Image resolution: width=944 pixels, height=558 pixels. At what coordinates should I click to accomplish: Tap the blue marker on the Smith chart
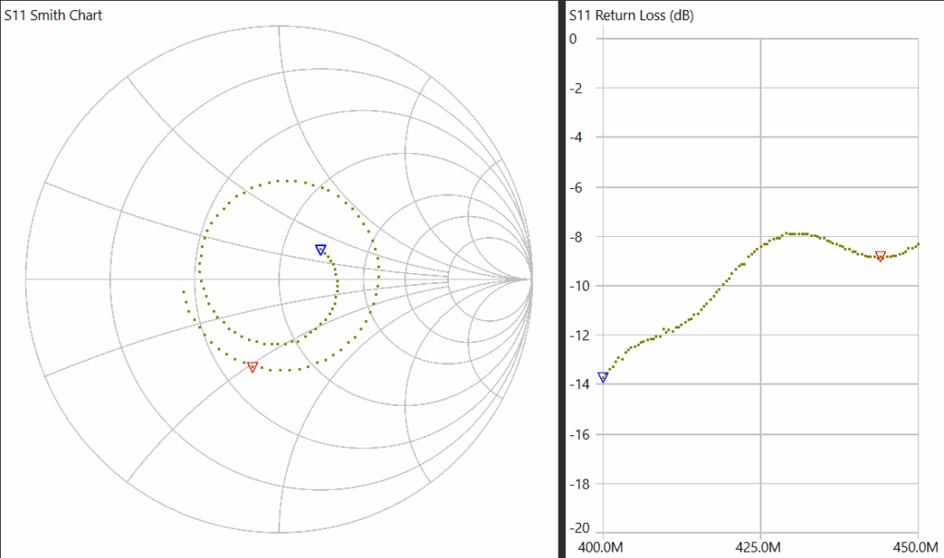coord(321,249)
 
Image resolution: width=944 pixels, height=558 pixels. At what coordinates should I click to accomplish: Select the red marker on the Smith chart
coord(253,366)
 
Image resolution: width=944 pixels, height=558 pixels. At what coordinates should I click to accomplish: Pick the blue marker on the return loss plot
coord(603,376)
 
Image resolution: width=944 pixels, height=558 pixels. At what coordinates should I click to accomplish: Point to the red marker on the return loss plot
coord(880,255)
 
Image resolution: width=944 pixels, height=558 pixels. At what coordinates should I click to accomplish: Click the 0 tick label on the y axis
coord(573,39)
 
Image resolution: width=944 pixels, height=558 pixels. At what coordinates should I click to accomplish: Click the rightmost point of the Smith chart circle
coord(532,279)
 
